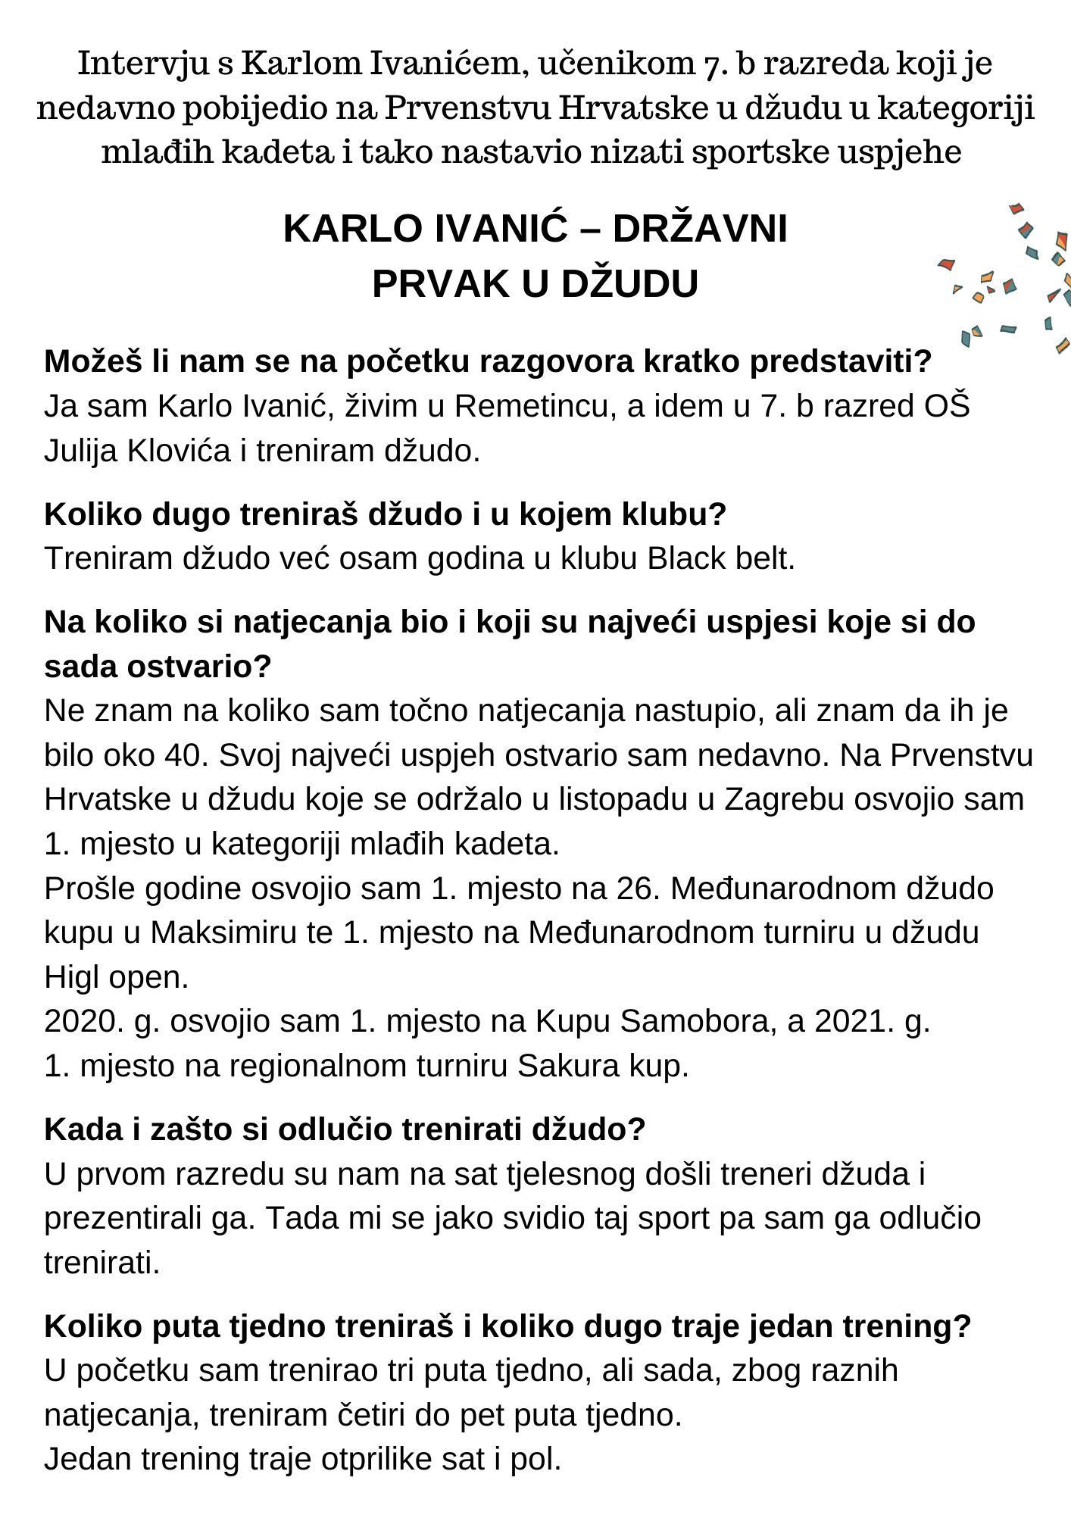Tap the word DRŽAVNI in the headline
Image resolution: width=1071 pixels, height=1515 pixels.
pyautogui.click(x=699, y=229)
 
